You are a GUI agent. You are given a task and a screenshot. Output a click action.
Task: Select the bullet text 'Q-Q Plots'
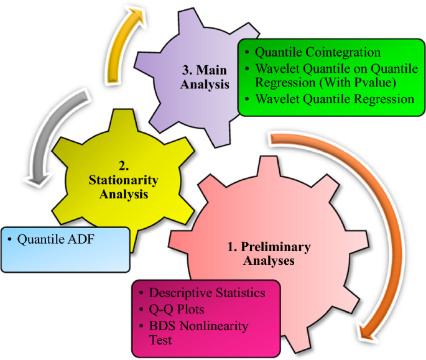pos(181,309)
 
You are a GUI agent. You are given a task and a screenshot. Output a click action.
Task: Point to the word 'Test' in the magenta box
pos(161,340)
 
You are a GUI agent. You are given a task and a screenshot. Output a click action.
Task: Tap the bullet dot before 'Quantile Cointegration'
pos(249,53)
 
